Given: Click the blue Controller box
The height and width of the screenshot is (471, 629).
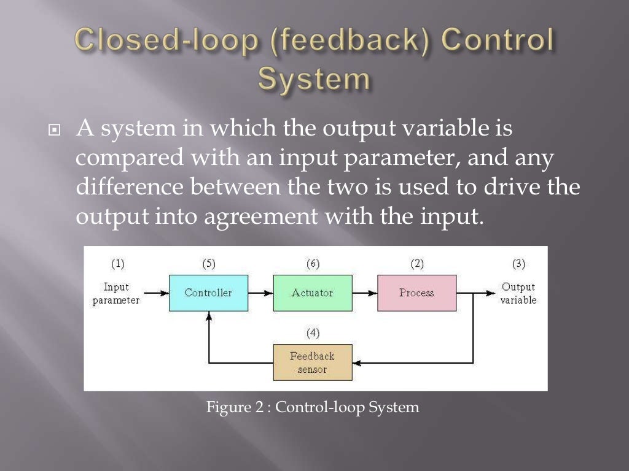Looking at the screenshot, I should (208, 293).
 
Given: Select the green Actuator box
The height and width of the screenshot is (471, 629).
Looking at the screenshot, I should (312, 293).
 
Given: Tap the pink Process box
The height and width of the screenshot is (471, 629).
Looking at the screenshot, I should (416, 293).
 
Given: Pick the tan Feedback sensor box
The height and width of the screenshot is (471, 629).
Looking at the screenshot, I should (312, 362).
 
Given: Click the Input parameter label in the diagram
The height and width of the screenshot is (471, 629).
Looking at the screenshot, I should (116, 293).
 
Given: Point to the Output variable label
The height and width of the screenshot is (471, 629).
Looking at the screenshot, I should (518, 293).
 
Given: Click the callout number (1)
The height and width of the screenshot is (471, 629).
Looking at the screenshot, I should (117, 264).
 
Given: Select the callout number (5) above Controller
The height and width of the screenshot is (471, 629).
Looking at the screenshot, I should (209, 264).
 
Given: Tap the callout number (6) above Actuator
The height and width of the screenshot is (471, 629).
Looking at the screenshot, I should (313, 264).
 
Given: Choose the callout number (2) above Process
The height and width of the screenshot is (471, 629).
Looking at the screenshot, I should (417, 264).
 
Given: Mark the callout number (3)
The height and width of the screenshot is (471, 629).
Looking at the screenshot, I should (518, 264).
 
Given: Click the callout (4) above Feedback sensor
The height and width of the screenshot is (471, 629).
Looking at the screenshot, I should (313, 333).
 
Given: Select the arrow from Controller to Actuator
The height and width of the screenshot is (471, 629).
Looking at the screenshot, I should (260, 293).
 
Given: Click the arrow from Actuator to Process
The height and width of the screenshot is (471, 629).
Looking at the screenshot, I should (364, 293).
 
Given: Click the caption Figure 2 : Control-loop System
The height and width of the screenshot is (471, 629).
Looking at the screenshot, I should (313, 407).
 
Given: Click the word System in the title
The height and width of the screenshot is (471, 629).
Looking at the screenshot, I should (314, 80).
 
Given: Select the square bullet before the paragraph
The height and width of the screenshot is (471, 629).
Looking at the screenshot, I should (56, 132).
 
